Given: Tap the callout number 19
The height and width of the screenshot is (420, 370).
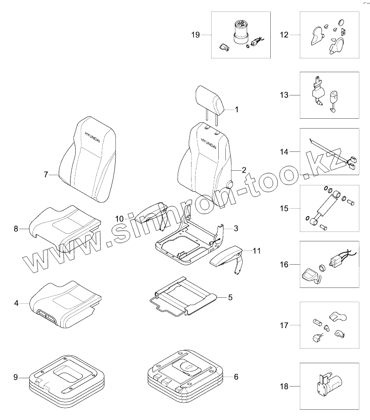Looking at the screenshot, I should tap(196, 35).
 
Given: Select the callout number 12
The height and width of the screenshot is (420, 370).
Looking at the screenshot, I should tap(284, 35).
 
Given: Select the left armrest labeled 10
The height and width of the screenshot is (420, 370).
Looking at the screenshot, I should tap(151, 213).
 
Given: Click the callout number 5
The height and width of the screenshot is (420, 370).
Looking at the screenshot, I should tap(230, 297).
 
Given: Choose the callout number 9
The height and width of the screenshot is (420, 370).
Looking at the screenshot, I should tap(16, 377).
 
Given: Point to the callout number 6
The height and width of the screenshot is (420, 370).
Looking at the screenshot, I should tap(236, 377).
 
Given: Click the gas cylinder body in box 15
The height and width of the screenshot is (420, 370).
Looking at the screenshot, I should tap(326, 207).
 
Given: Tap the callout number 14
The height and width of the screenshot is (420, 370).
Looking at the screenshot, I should tap(284, 151).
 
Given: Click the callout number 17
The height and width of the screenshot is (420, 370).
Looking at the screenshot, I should tap(284, 325).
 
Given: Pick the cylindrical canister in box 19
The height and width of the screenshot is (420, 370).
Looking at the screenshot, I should tap(240, 33).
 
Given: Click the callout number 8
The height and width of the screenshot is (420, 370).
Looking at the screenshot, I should tap(16, 229).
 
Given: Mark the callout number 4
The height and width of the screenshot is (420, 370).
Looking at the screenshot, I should tap(16, 304).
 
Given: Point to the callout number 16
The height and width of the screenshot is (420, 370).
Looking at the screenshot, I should tap(284, 265).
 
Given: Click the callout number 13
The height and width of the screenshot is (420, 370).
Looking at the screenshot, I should tap(284, 95).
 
